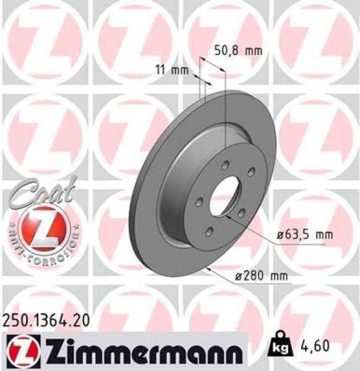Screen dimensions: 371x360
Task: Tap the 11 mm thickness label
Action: pos(171,69)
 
